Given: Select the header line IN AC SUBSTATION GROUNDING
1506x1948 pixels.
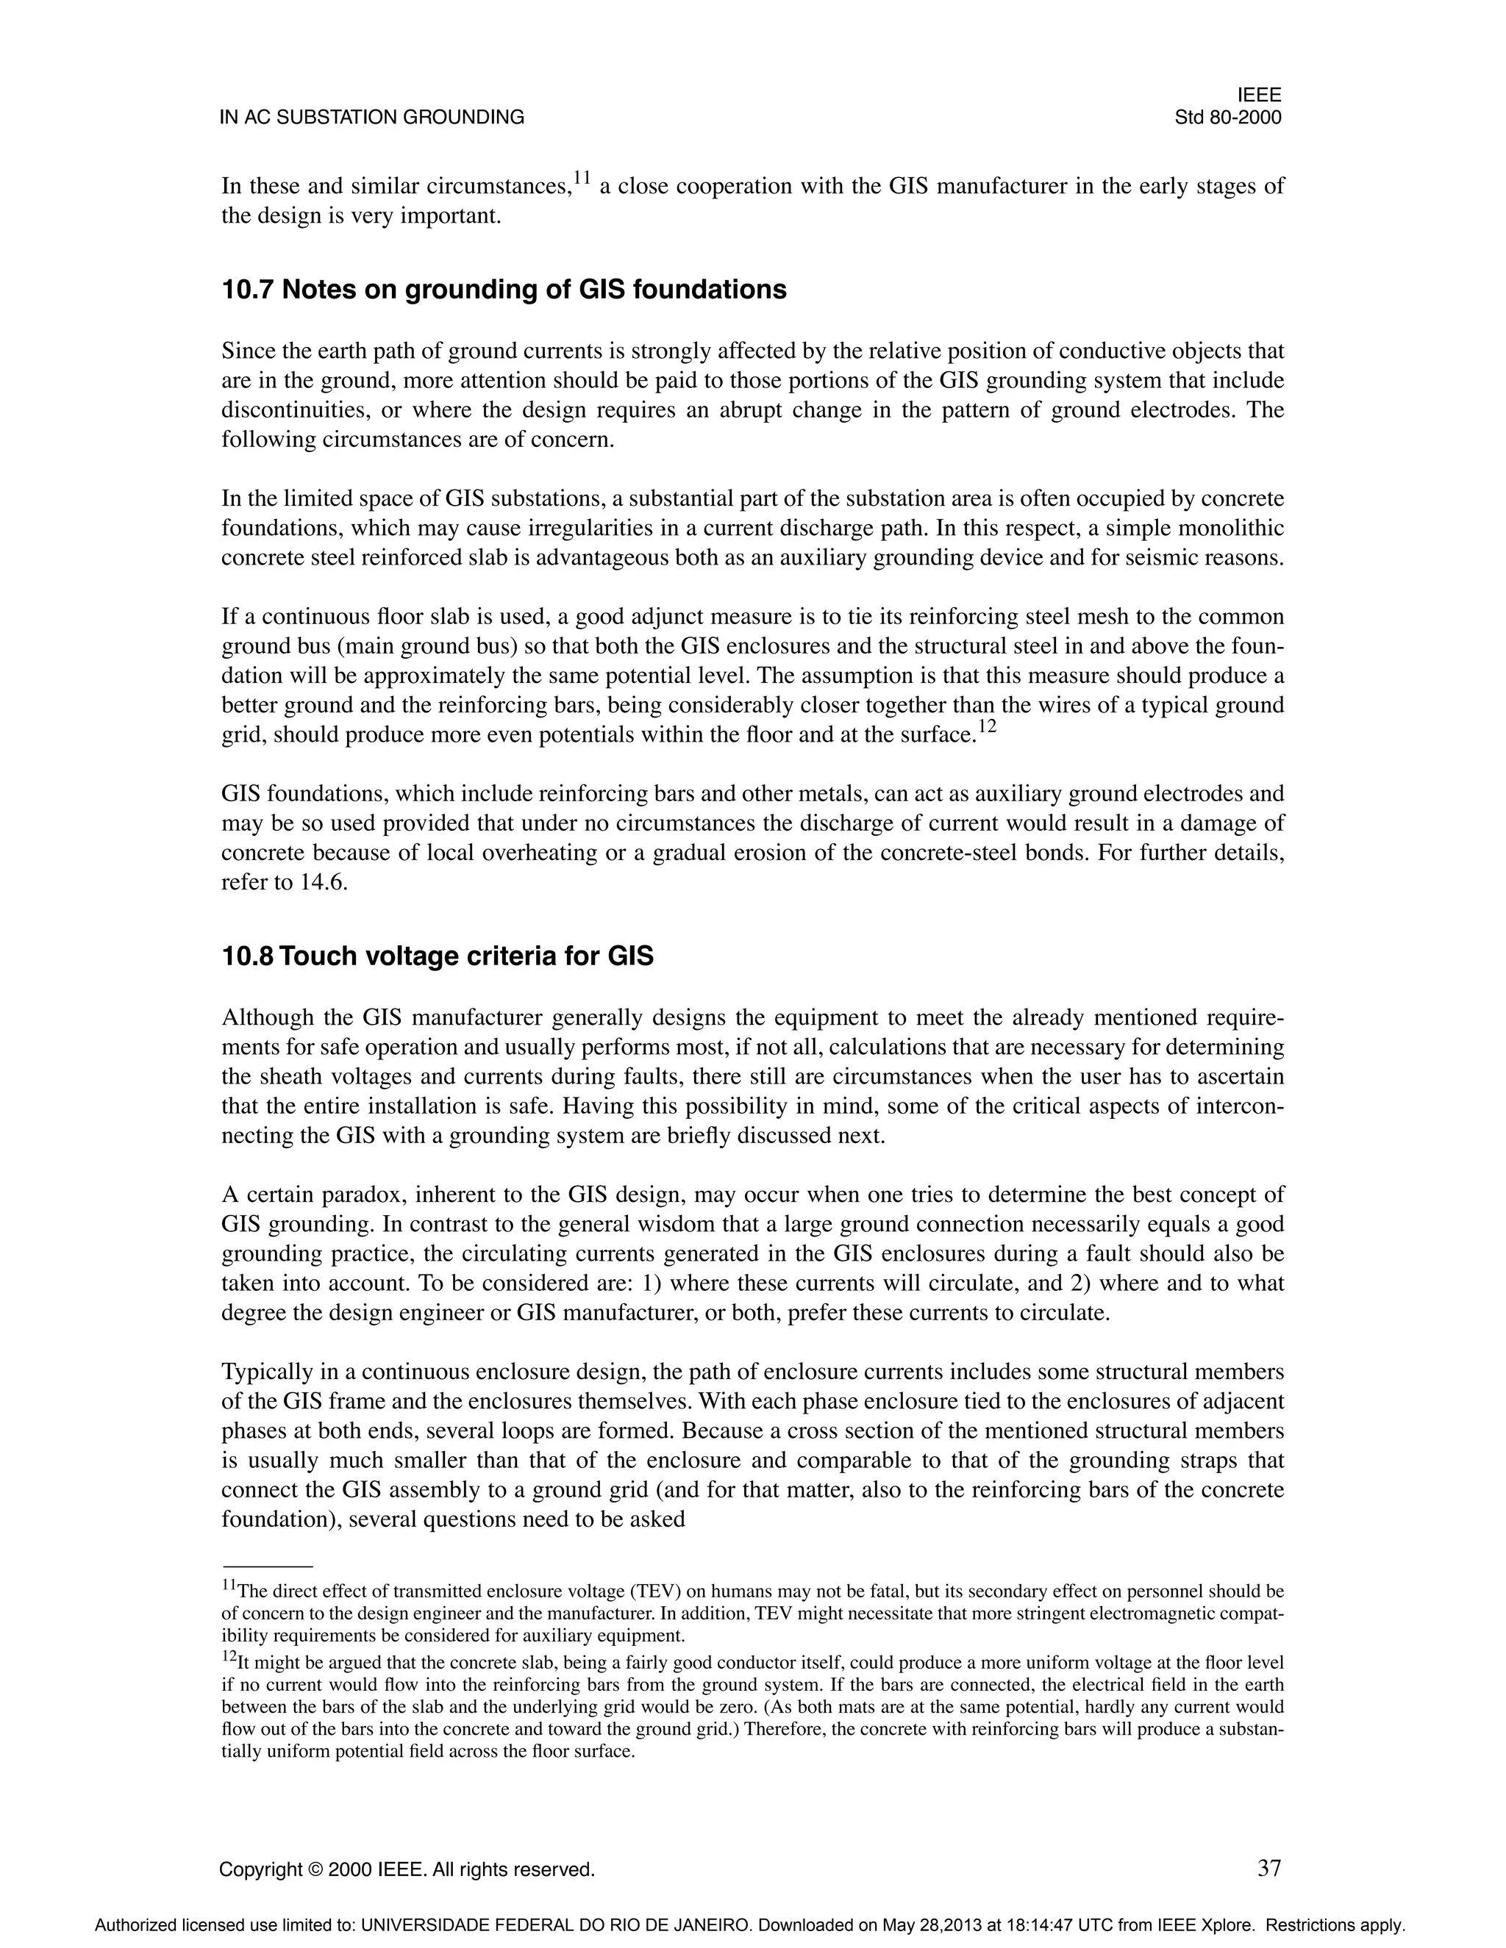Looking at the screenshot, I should tap(372, 118).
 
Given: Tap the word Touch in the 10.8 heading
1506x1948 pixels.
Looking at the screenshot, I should tap(318, 956).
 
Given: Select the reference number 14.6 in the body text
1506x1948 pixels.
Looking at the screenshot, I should tap(323, 882).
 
